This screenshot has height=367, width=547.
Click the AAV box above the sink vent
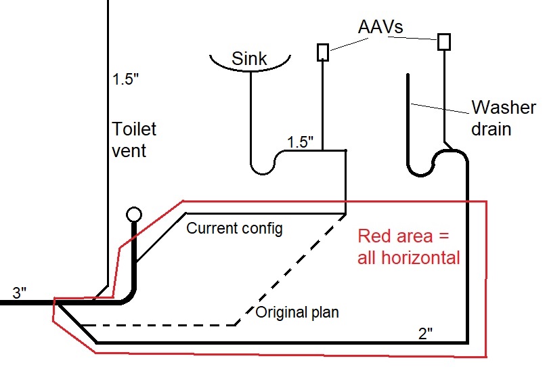(323, 52)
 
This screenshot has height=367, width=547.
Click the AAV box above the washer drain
(444, 41)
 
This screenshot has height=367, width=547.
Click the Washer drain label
(503, 118)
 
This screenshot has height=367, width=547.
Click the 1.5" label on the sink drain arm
(301, 142)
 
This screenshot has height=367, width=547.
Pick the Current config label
(234, 228)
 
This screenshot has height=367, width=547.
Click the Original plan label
(296, 314)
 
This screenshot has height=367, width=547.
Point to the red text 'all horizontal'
(409, 257)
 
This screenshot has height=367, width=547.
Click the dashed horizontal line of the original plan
(162, 325)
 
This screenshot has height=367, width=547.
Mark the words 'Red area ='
(403, 236)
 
